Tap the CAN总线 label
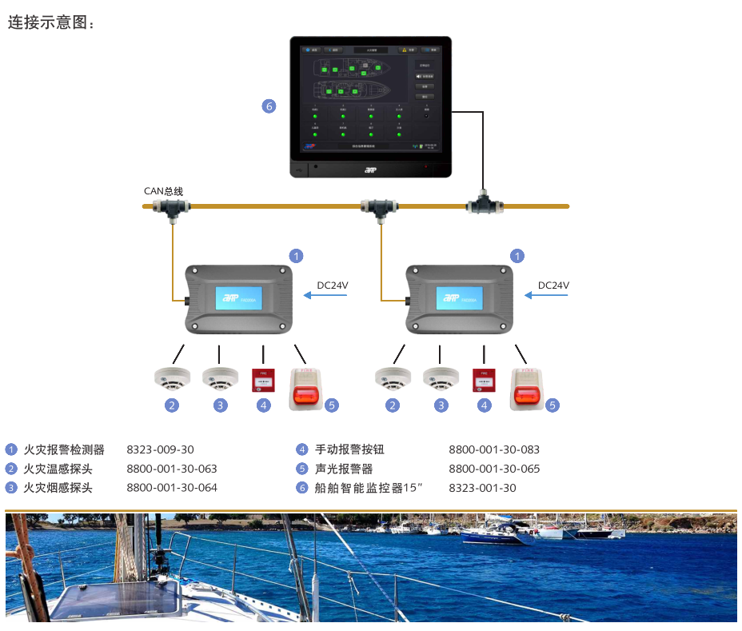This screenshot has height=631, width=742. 163,191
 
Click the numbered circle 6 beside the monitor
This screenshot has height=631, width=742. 269,106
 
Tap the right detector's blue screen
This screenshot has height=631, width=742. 459,301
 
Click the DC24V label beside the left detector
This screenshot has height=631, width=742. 333,286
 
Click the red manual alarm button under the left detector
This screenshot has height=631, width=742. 261,380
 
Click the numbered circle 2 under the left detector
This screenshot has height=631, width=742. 172,405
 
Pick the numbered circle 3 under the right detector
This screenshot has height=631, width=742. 441,405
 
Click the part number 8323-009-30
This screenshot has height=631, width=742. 160,449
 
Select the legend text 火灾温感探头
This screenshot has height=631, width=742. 58,469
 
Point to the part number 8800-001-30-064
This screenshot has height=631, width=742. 172,488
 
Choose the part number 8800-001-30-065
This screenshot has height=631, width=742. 494,469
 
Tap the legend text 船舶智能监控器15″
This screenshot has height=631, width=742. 368,488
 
